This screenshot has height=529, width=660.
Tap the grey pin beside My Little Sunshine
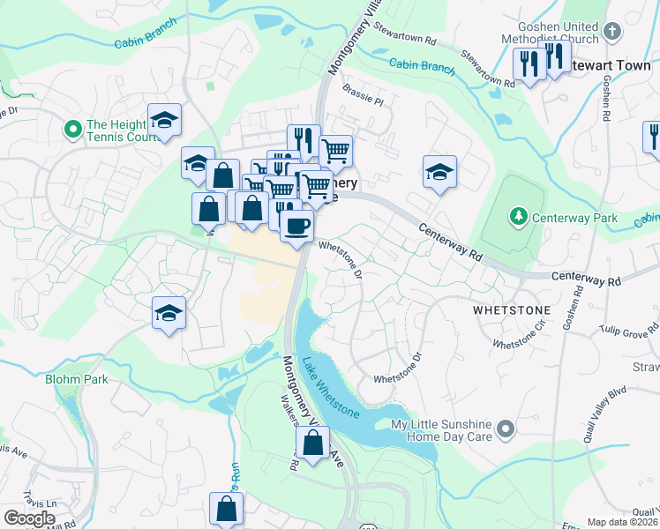click(505, 429)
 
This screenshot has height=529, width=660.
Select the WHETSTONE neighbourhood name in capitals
click(511, 311)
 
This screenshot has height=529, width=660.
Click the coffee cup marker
click(296, 226)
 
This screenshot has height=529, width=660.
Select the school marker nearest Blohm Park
click(169, 313)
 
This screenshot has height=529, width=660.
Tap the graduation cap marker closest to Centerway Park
click(439, 173)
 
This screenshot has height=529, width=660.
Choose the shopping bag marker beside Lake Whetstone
click(312, 443)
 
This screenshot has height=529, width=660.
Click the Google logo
click(29, 518)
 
